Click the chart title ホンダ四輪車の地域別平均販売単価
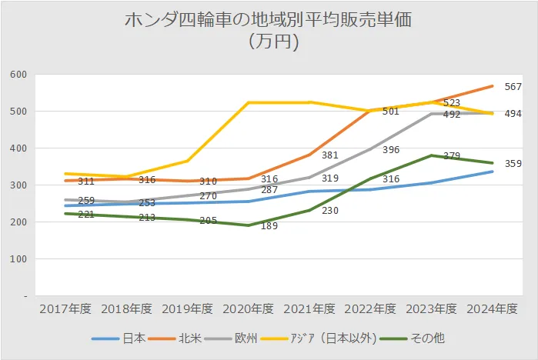pos(269,21)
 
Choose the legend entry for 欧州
pos(248,338)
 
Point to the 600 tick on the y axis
pos(18,75)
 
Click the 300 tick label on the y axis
pos(18,185)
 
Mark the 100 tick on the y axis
pos(18,259)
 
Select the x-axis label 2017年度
pos(65,308)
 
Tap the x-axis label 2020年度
pos(249,308)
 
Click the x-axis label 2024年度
pos(493,308)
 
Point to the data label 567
pos(513,87)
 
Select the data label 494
pos(513,114)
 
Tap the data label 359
pos(513,163)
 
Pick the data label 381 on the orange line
pos(329,155)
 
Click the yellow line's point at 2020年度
pos(249,102)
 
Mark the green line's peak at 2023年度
pos(432,155)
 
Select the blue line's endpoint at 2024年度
pos(493,172)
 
